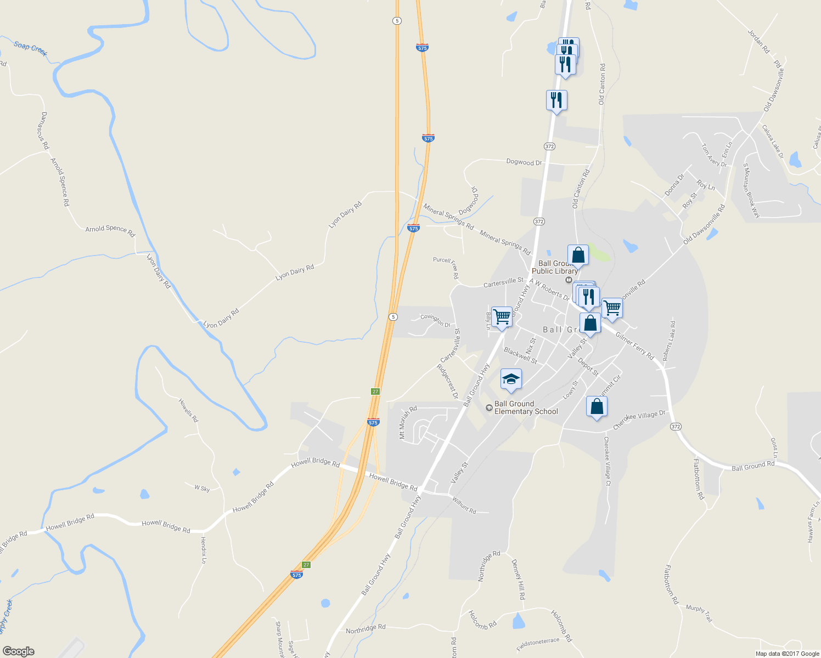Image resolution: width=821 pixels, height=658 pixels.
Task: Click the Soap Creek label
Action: click(x=31, y=48)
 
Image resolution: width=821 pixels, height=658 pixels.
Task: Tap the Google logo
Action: click(x=19, y=651)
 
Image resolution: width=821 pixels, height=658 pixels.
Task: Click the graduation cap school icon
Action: click(x=511, y=379)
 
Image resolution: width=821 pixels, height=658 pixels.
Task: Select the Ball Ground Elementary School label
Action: click(x=526, y=407)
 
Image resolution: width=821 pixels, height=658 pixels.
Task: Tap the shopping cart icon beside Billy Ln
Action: click(x=502, y=317)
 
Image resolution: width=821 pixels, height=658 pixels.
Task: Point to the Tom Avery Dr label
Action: click(x=714, y=155)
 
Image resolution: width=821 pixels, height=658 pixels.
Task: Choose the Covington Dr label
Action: click(x=435, y=320)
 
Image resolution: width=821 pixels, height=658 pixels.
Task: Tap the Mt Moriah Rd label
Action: click(x=408, y=422)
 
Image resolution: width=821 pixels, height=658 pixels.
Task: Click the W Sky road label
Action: click(x=202, y=488)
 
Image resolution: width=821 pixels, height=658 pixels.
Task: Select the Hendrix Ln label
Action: click(x=204, y=550)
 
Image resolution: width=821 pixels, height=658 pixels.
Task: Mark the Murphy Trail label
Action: click(x=699, y=613)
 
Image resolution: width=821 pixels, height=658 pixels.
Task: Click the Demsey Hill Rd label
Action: click(x=519, y=579)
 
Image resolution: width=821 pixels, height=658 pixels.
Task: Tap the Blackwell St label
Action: click(x=520, y=355)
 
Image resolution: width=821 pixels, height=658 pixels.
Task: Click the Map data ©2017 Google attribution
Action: click(x=787, y=654)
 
